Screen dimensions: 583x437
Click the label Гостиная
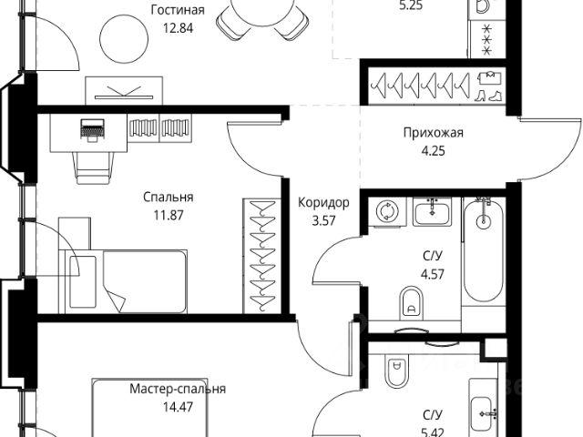[x=178, y=11]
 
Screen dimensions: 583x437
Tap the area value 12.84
[x=178, y=26]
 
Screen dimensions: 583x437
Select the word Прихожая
[x=434, y=133]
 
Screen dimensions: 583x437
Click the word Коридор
[x=323, y=203]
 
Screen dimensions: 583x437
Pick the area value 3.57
[x=323, y=218]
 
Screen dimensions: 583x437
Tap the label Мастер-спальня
[x=178, y=389]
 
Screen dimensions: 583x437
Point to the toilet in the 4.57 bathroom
[x=411, y=300]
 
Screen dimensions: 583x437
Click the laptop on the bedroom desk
[x=91, y=130]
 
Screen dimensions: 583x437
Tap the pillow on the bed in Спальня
[x=82, y=267]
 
